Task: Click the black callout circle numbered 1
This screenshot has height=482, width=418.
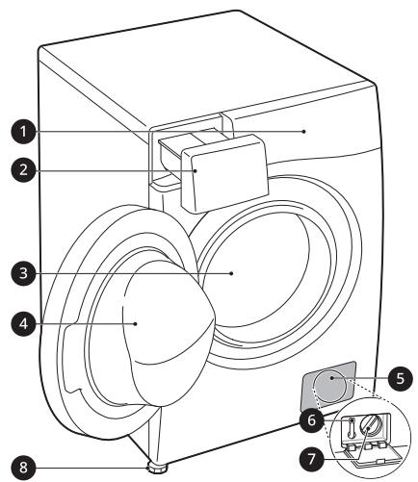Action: click(23, 132)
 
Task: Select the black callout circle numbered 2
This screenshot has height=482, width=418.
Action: click(23, 169)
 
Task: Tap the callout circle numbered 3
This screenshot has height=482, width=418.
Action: click(23, 273)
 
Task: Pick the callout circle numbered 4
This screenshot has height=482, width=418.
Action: click(23, 324)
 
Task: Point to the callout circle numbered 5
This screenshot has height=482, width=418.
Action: click(400, 378)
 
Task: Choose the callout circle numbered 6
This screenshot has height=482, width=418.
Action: click(312, 420)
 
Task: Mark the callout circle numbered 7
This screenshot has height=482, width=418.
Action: click(312, 459)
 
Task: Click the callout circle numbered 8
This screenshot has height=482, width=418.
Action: click(23, 468)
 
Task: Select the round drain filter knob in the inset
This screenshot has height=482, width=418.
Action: click(370, 426)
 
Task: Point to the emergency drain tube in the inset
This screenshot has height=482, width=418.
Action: click(352, 428)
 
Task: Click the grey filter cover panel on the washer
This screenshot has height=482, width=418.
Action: click(328, 386)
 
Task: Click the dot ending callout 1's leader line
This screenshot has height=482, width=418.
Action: click(303, 131)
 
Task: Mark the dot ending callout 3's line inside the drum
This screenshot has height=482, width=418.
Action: click(231, 273)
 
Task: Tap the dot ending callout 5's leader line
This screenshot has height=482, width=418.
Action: click(331, 378)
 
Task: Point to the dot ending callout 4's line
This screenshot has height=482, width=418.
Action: click(136, 323)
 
